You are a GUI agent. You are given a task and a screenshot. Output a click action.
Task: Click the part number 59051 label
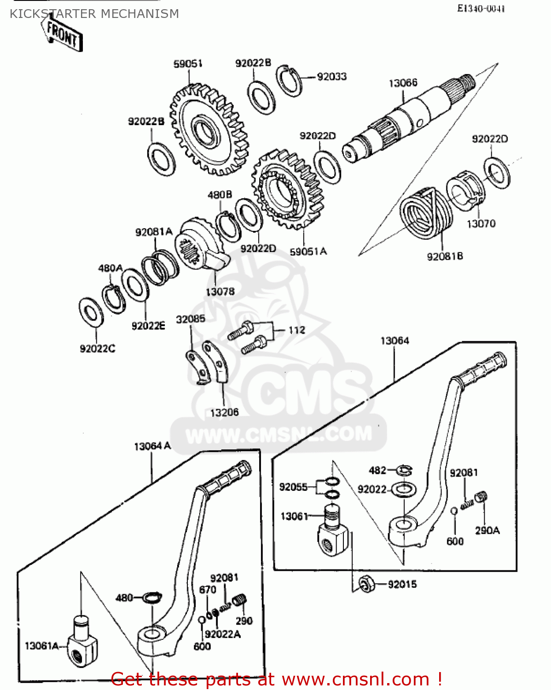click(188, 64)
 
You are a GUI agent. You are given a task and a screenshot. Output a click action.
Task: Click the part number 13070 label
click(481, 224)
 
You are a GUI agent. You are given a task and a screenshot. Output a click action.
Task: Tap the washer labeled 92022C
click(91, 313)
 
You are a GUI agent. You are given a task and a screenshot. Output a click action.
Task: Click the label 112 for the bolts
click(296, 330)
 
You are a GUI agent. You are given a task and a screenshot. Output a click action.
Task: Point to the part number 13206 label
click(224, 413)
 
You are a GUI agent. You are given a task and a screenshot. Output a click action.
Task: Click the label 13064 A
click(152, 446)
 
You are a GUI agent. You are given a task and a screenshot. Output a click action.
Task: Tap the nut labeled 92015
click(366, 584)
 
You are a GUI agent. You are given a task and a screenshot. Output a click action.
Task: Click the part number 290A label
click(487, 530)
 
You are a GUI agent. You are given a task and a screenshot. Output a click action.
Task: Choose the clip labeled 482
click(405, 470)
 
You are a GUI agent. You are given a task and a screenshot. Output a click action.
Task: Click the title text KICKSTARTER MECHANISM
click(94, 14)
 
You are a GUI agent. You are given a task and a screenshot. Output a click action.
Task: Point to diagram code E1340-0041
click(481, 9)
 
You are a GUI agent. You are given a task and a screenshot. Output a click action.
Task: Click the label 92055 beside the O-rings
click(293, 487)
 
